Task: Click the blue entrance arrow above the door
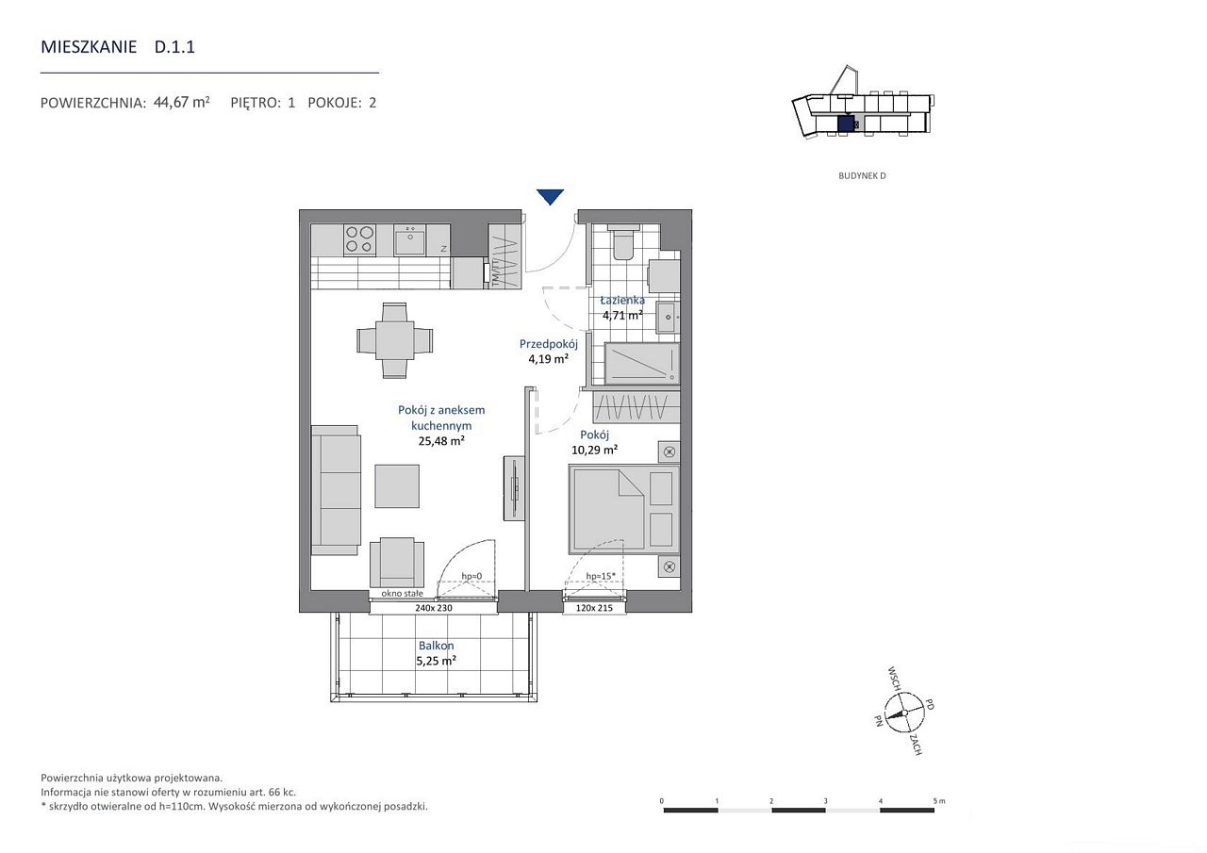click(x=550, y=197)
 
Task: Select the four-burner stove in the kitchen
click(x=360, y=239)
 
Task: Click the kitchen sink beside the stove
click(x=410, y=240)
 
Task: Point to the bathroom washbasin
click(x=669, y=317)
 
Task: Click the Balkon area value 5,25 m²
click(x=436, y=661)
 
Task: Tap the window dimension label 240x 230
click(x=434, y=608)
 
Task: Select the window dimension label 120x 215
click(x=594, y=608)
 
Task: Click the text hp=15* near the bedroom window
click(x=601, y=576)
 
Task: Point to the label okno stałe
click(x=402, y=594)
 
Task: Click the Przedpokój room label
click(x=549, y=344)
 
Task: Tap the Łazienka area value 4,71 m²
click(x=622, y=315)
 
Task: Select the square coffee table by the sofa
click(x=397, y=486)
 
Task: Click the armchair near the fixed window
click(x=397, y=562)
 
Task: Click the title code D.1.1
click(x=174, y=47)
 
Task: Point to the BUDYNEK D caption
click(x=862, y=175)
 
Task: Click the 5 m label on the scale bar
click(x=939, y=801)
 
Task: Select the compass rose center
click(x=904, y=713)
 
